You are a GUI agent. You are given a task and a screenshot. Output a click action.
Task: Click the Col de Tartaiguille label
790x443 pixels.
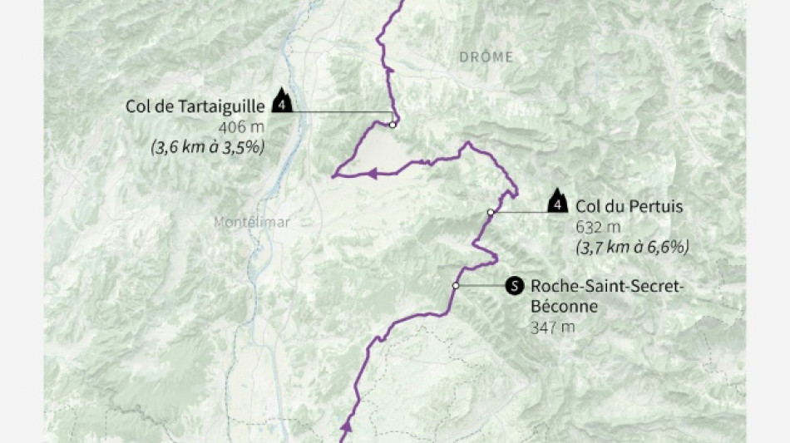[195, 106]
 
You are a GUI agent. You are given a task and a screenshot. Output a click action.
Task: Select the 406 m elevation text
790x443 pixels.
[242, 127]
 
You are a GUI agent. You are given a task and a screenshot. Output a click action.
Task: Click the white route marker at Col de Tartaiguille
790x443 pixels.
[392, 125]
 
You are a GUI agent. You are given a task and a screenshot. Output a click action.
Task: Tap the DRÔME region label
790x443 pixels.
[486, 57]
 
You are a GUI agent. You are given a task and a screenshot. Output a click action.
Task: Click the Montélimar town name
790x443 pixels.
[251, 223]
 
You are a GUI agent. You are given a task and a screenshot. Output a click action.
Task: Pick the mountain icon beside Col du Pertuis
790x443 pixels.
[558, 201]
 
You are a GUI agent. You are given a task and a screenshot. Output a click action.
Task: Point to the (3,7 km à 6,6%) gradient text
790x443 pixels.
[633, 247]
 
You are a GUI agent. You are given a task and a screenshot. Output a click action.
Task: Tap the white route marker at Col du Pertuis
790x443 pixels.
[491, 213]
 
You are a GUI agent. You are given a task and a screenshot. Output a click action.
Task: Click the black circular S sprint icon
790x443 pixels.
[515, 287]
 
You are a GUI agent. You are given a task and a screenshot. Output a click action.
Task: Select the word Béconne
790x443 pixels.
[564, 307]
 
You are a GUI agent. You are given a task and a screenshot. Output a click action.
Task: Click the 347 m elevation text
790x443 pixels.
[553, 327]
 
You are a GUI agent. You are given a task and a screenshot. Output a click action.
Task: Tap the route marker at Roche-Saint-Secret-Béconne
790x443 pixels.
[456, 286]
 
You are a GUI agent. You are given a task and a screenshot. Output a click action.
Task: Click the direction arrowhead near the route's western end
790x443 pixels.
[372, 174]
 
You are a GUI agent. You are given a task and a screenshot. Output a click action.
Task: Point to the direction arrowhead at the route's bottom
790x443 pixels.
[347, 427]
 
